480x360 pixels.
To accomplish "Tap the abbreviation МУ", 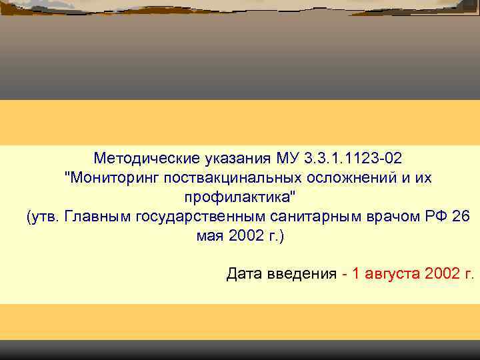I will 287,159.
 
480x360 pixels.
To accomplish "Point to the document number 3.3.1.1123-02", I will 353,159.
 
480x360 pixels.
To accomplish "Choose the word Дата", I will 245,274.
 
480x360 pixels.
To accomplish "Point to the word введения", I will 299,274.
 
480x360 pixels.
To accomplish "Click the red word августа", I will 393,274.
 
